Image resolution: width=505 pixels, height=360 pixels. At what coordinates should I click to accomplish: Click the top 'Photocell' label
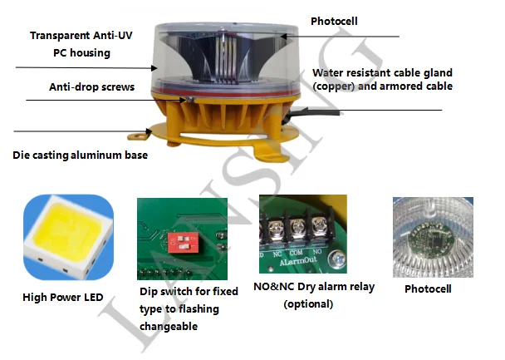[335, 19]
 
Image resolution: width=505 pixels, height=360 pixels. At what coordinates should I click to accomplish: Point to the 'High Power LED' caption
[64, 296]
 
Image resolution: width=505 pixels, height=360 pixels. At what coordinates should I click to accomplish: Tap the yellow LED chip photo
[68, 236]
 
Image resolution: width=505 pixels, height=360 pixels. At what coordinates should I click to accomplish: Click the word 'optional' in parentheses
[309, 304]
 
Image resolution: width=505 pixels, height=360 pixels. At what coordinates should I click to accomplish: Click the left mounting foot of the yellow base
[142, 134]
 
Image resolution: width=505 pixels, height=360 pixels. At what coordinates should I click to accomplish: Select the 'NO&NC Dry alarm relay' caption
[313, 288]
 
